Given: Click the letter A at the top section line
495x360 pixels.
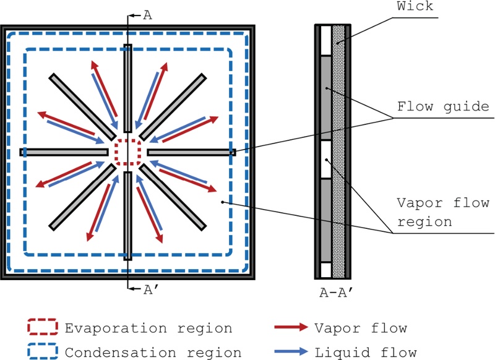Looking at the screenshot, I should point(147,15).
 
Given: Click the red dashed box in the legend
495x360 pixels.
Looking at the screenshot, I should point(42,327).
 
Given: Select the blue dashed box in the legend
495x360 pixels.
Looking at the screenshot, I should point(42,352).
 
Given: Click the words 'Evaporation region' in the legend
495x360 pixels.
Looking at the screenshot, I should point(148,328).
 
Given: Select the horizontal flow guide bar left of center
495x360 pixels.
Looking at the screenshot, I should point(64,152).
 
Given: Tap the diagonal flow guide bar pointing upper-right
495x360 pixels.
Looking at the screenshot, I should point(173,106).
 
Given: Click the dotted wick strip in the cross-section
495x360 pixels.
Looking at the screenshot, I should point(338,152).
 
